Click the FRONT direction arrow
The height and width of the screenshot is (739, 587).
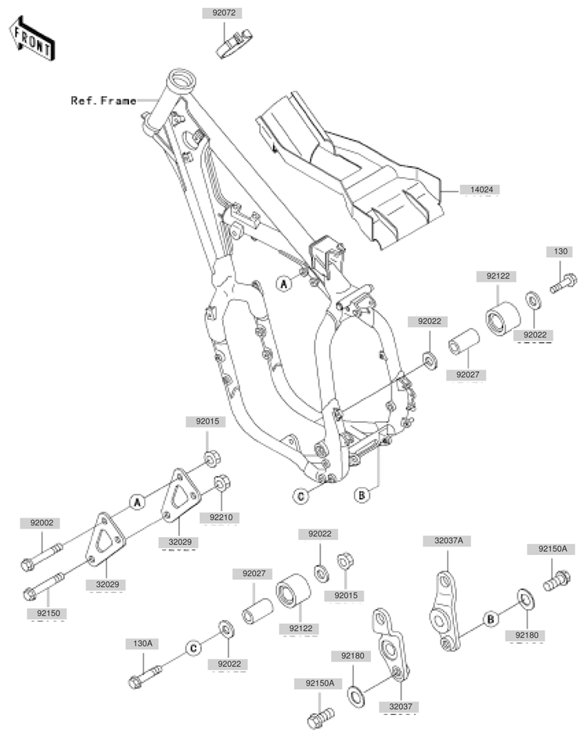[x=32, y=38]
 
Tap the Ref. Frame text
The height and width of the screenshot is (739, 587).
[x=103, y=100]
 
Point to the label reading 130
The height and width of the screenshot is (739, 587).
[x=560, y=251]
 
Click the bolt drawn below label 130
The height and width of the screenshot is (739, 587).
[x=563, y=283]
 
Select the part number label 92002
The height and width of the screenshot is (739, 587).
[x=41, y=523]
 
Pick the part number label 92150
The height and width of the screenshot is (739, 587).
[x=49, y=613]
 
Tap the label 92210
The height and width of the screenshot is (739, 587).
[x=221, y=517]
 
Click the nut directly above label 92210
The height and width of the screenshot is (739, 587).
[x=222, y=483]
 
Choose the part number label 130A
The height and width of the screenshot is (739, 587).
[x=142, y=643]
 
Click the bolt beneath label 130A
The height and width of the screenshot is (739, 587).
[x=144, y=676]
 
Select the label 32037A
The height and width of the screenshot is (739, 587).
[x=448, y=541]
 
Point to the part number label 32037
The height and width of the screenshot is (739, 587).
[x=401, y=706]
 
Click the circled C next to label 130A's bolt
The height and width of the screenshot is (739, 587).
[x=193, y=648]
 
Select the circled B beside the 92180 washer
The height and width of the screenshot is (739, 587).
[x=490, y=618]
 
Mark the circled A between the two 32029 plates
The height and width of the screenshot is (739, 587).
[x=137, y=502]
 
